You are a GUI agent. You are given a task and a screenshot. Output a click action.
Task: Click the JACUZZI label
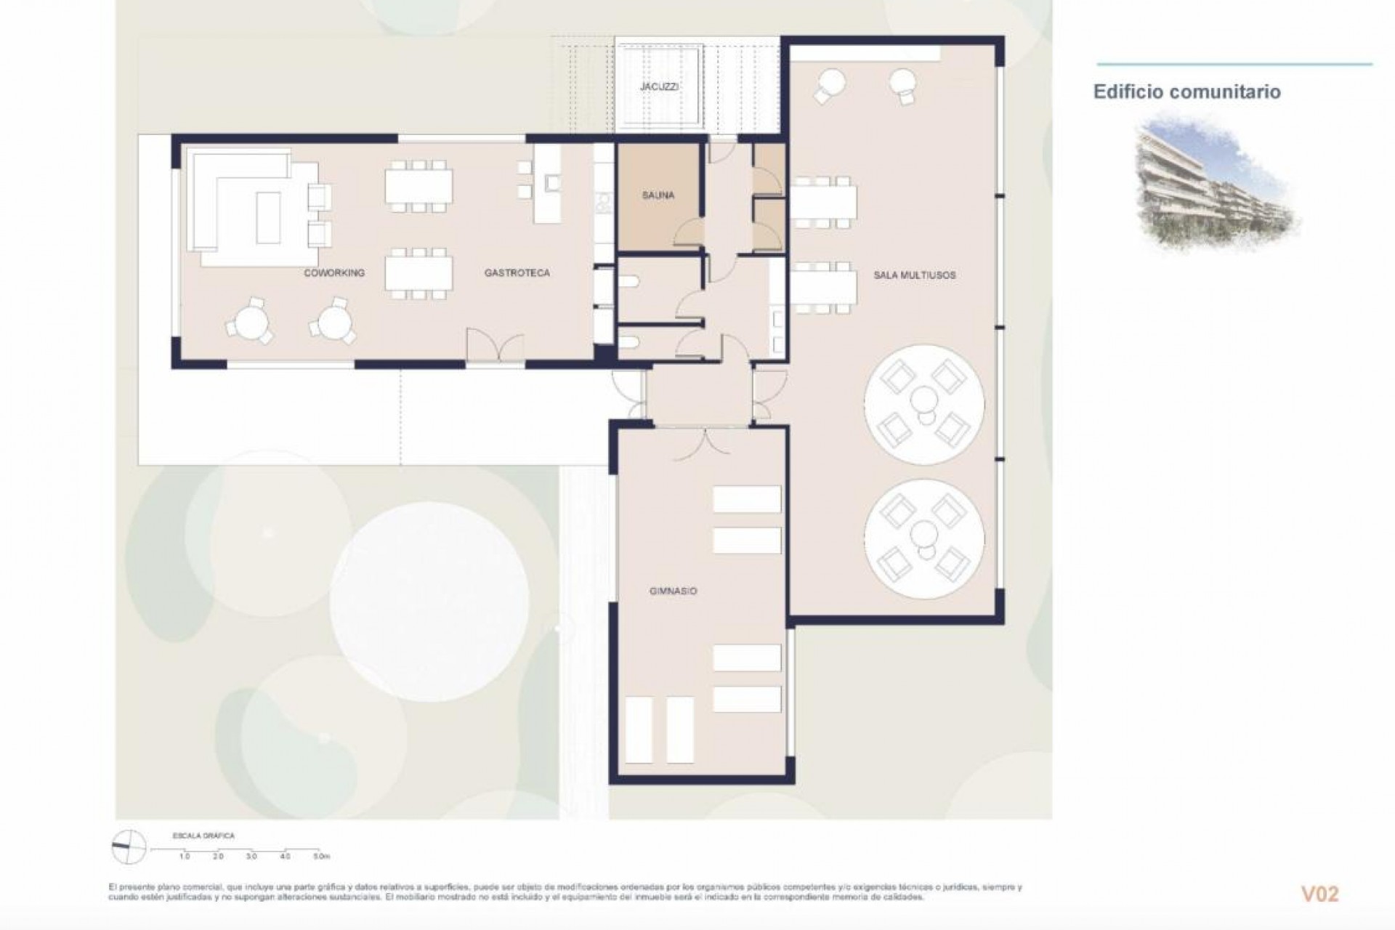tap(659, 86)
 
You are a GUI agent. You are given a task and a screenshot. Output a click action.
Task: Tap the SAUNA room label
tap(658, 195)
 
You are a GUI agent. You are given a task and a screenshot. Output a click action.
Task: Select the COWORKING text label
tap(334, 273)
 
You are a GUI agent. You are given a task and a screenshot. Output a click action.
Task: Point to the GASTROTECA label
tap(517, 273)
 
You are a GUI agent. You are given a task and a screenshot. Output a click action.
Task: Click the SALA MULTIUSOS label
tap(914, 275)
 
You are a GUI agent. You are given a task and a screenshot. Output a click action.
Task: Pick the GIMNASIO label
tap(673, 591)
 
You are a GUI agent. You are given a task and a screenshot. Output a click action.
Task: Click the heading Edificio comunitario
tap(1186, 92)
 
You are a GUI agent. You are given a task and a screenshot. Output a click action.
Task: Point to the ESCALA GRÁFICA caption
tap(203, 836)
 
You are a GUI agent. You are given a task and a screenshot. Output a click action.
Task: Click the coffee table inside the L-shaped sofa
tap(267, 217)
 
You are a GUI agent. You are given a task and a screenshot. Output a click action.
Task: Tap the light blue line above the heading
tap(1234, 64)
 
